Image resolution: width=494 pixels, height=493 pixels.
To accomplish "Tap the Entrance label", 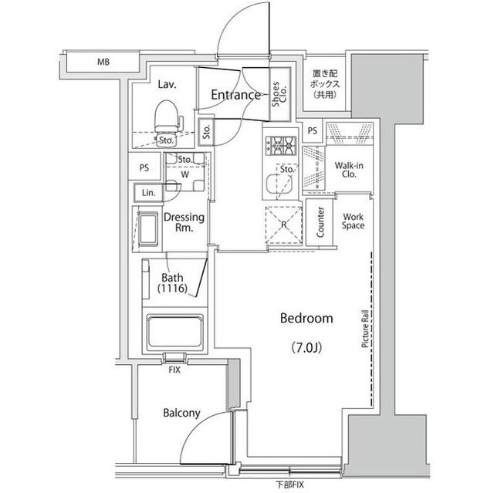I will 235,96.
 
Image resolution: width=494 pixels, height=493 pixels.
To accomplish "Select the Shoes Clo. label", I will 276,96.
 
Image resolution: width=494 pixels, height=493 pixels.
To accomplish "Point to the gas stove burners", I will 281,144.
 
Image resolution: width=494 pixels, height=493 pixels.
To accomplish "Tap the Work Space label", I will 353,222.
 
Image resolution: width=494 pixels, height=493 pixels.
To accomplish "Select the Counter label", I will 319,222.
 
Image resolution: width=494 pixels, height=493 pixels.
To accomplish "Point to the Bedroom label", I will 306,318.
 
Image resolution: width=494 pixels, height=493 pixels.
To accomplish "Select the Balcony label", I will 181,413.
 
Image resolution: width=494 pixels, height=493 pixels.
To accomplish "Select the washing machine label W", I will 185,174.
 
